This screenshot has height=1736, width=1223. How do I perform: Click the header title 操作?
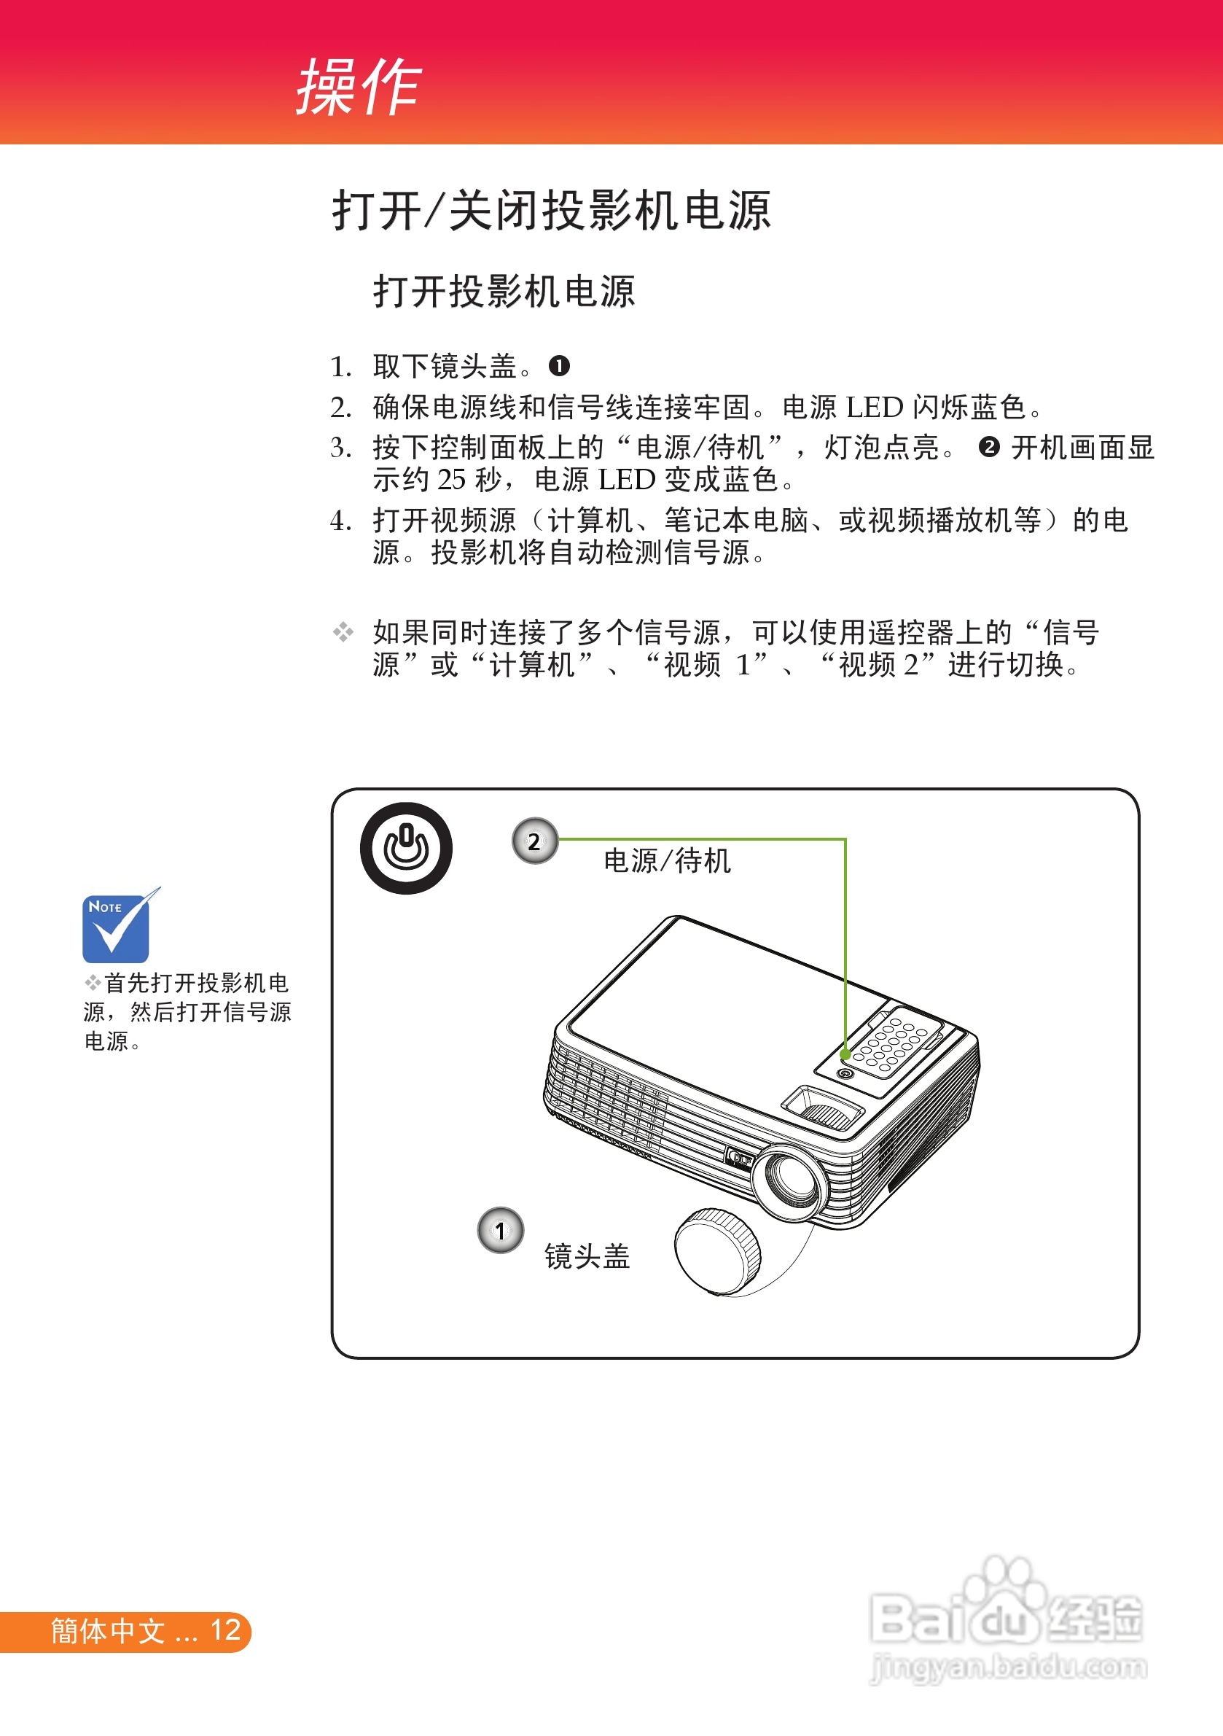click(359, 87)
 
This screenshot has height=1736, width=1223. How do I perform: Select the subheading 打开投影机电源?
click(504, 291)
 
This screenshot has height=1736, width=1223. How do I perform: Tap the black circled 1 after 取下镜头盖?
click(558, 366)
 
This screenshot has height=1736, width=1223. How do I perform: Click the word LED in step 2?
click(875, 408)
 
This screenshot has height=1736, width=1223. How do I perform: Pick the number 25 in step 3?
click(452, 479)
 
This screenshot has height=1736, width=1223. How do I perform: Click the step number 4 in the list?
click(338, 520)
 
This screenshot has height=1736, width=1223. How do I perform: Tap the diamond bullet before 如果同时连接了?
click(343, 631)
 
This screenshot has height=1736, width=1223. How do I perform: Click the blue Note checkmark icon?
click(120, 925)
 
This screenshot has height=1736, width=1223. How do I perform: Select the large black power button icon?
click(406, 848)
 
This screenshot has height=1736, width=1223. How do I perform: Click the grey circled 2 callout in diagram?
click(535, 841)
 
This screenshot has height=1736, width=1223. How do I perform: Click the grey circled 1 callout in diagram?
click(501, 1230)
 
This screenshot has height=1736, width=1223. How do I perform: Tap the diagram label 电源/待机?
click(667, 860)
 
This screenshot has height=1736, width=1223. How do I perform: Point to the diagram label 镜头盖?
click(587, 1257)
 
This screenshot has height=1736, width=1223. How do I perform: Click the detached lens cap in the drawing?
click(717, 1252)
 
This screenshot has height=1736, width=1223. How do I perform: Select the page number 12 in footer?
click(225, 1630)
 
